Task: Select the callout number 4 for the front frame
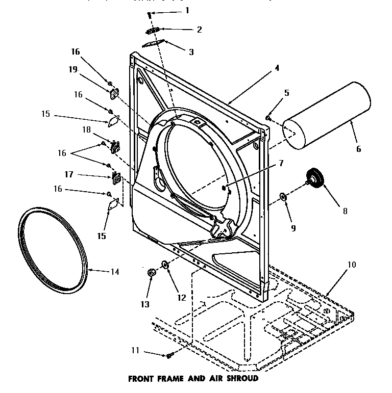(x=277, y=67)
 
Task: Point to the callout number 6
(x=358, y=149)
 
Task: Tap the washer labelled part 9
(x=282, y=196)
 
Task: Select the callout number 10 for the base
(x=352, y=265)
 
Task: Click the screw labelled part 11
(x=170, y=355)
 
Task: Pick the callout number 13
(x=145, y=304)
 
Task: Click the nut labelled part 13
(x=152, y=273)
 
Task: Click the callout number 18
(x=86, y=130)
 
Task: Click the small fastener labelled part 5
(x=267, y=118)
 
